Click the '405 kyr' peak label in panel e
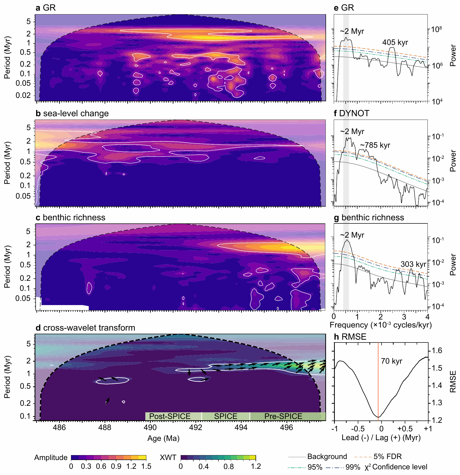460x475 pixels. pos(395,42)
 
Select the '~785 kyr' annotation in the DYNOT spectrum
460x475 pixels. pos(375,145)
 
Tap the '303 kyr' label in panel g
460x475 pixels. pos(413,264)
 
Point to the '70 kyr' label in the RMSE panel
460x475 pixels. pos(392,361)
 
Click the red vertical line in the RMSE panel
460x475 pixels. pos(378,380)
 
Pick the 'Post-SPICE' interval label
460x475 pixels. pos(170,416)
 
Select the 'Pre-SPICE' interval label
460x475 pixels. pos(283,416)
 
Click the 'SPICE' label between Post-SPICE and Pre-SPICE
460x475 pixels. pos(226,416)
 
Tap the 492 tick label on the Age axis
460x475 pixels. pos(195,427)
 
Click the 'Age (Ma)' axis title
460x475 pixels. pos(163,438)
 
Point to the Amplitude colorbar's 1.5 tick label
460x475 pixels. pos(146,466)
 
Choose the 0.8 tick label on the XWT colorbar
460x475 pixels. pos(228,466)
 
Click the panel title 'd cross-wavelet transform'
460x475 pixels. pos(85,328)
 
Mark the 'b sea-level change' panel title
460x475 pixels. pos(72,113)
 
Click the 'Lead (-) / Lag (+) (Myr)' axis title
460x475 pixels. pos(381,438)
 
